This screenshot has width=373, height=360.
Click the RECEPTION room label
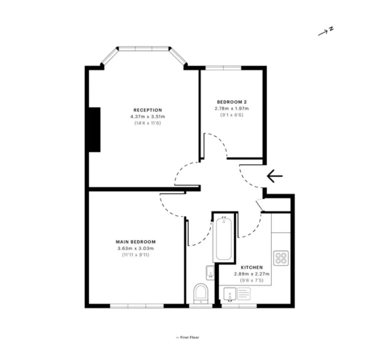point(147,110)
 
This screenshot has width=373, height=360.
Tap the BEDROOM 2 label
point(232,102)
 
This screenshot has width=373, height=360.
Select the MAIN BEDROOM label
point(136,242)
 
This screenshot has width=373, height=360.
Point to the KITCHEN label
point(252,267)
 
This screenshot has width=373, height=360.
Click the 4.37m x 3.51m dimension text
point(147,117)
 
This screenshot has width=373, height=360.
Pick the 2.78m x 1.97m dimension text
point(232,108)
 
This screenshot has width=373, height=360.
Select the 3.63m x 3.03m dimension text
point(136,248)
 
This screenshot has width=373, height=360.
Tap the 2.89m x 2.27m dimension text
point(252,274)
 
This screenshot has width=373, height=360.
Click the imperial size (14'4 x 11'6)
point(148,123)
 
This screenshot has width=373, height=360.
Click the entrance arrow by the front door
point(275,176)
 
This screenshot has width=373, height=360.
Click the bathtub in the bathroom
point(223,239)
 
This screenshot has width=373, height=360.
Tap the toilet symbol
point(201,294)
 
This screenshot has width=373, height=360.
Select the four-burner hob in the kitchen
point(281,258)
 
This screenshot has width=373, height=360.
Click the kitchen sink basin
point(230,294)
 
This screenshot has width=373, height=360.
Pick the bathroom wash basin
point(210,272)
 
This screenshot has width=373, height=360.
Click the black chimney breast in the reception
point(94,130)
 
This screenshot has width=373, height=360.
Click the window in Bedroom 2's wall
point(223,68)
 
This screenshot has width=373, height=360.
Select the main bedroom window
point(137,306)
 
